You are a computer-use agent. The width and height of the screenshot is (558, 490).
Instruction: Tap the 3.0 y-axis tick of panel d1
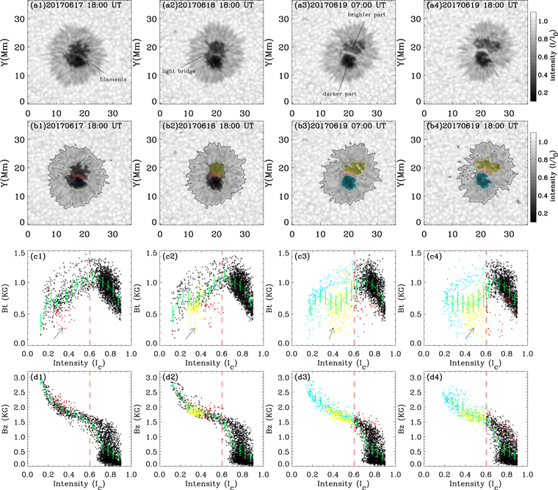(x=18, y=380)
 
